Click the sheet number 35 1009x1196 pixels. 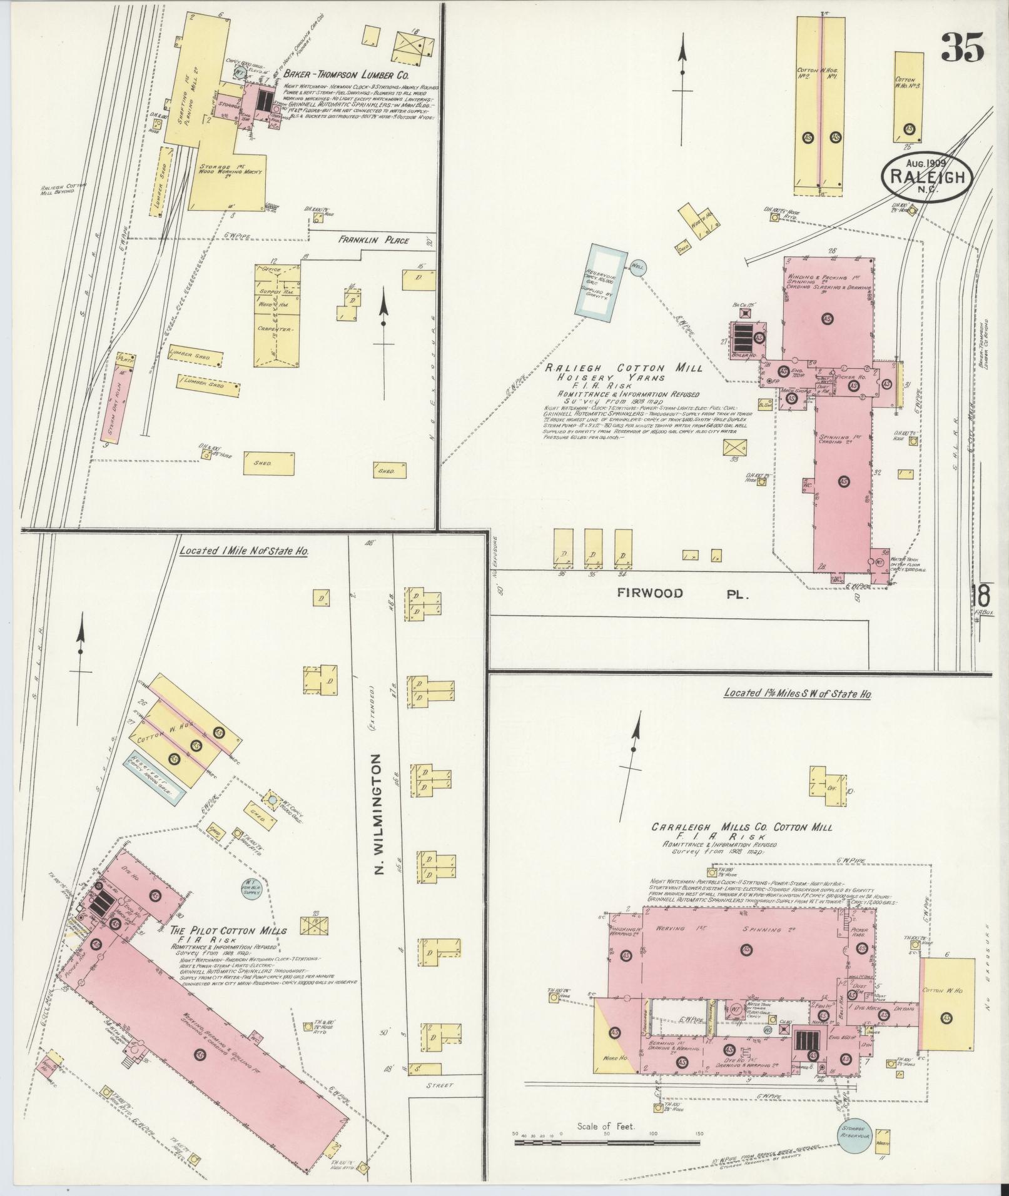click(962, 47)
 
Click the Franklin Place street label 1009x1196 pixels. click(374, 240)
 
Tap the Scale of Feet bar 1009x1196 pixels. click(606, 1142)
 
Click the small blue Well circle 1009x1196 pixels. click(637, 266)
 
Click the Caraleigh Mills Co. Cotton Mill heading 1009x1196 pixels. click(742, 827)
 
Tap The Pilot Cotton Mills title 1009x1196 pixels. click(228, 930)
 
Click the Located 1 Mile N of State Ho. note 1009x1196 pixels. click(243, 552)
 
